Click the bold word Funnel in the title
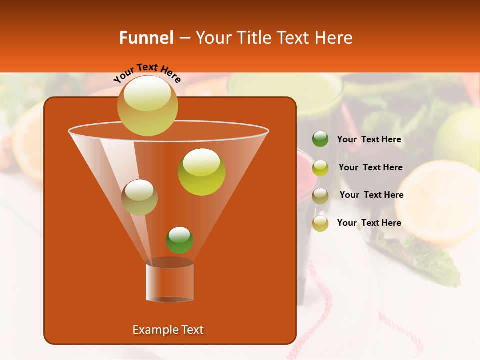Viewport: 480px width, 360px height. [146, 38]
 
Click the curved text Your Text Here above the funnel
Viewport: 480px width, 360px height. [147, 73]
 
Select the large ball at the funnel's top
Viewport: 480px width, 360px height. [147, 105]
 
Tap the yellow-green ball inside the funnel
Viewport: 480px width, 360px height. [201, 172]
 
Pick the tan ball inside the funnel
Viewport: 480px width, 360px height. [139, 197]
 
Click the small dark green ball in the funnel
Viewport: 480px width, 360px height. [179, 240]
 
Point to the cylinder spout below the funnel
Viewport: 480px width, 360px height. [169, 282]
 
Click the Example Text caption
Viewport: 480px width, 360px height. [168, 330]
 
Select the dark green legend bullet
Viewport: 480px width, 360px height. [320, 139]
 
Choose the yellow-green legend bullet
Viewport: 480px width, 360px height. [320, 168]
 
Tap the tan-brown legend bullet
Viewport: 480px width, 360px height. [320, 196]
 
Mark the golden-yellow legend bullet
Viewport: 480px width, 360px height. [320, 223]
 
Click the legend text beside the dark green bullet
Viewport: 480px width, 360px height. [369, 140]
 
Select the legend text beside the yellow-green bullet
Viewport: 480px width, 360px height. [370, 168]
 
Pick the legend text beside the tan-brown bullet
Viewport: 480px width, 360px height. [371, 195]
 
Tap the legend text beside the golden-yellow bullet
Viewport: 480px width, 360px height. [369, 223]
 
